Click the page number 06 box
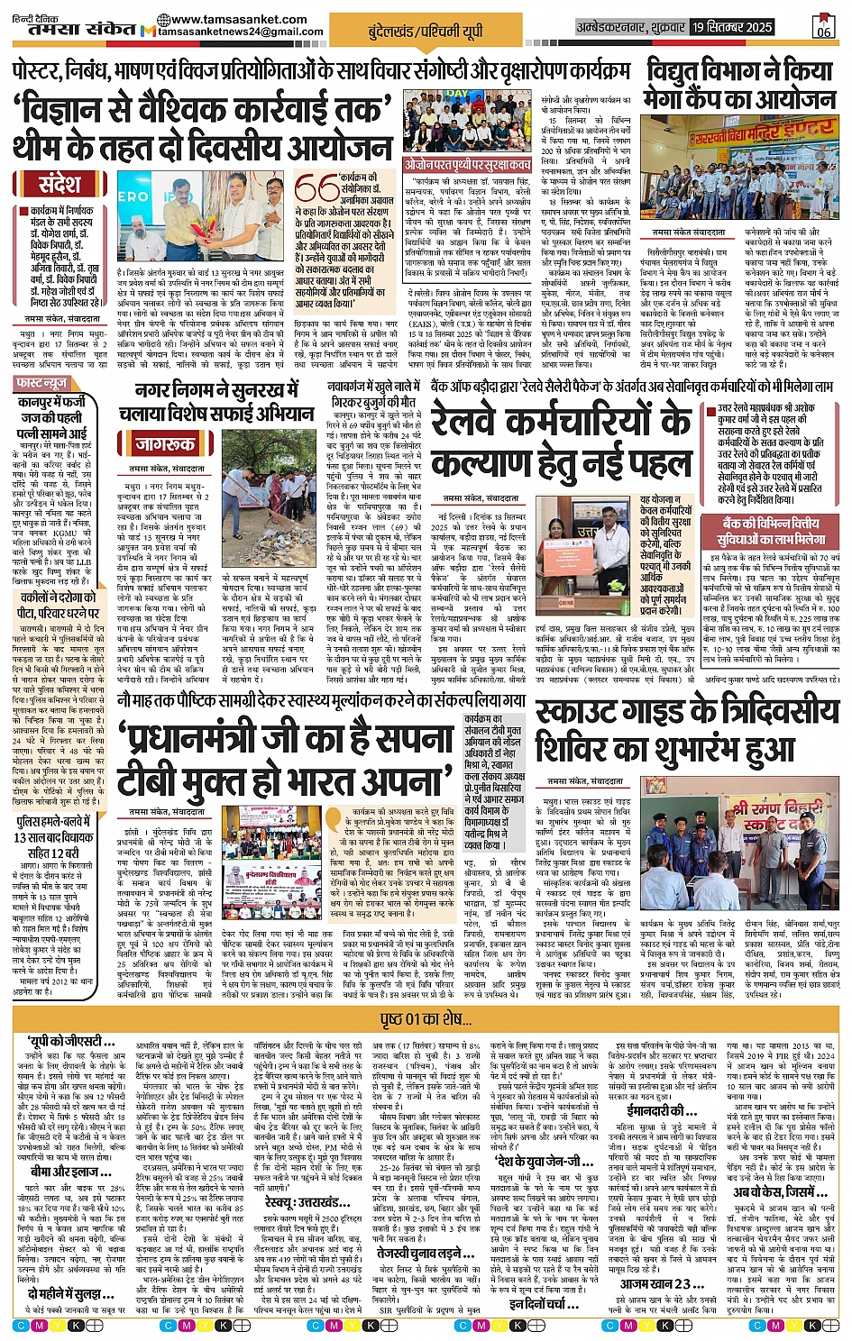tap(823, 27)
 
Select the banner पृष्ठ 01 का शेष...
tap(426, 1019)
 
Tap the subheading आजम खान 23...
tap(655, 1283)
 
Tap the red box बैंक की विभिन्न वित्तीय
tap(774, 531)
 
